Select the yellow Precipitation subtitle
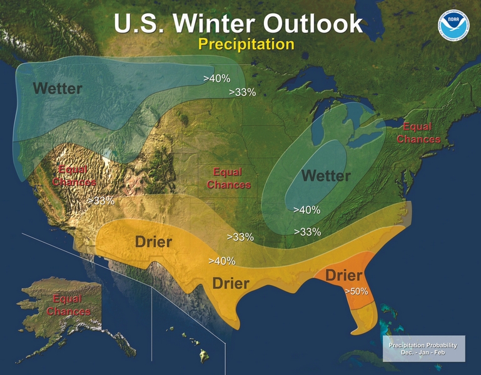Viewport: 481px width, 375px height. point(246,44)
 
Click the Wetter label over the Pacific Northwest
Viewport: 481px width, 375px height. point(57,88)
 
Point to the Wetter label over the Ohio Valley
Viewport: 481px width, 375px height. point(326,176)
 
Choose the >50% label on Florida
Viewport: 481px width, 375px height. point(356,291)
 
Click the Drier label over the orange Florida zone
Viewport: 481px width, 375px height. point(344,276)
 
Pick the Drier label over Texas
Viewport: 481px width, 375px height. point(231,283)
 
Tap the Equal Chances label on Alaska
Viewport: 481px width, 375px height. point(71,305)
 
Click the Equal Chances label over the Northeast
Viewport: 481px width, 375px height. point(418,133)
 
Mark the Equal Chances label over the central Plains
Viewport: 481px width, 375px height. point(228,178)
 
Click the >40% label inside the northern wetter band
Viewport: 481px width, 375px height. point(217,79)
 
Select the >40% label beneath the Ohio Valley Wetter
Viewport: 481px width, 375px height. point(306,210)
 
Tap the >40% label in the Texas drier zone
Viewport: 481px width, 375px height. point(221,260)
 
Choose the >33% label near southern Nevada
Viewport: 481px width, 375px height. point(101,201)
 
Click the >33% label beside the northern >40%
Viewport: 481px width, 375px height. point(242,92)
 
